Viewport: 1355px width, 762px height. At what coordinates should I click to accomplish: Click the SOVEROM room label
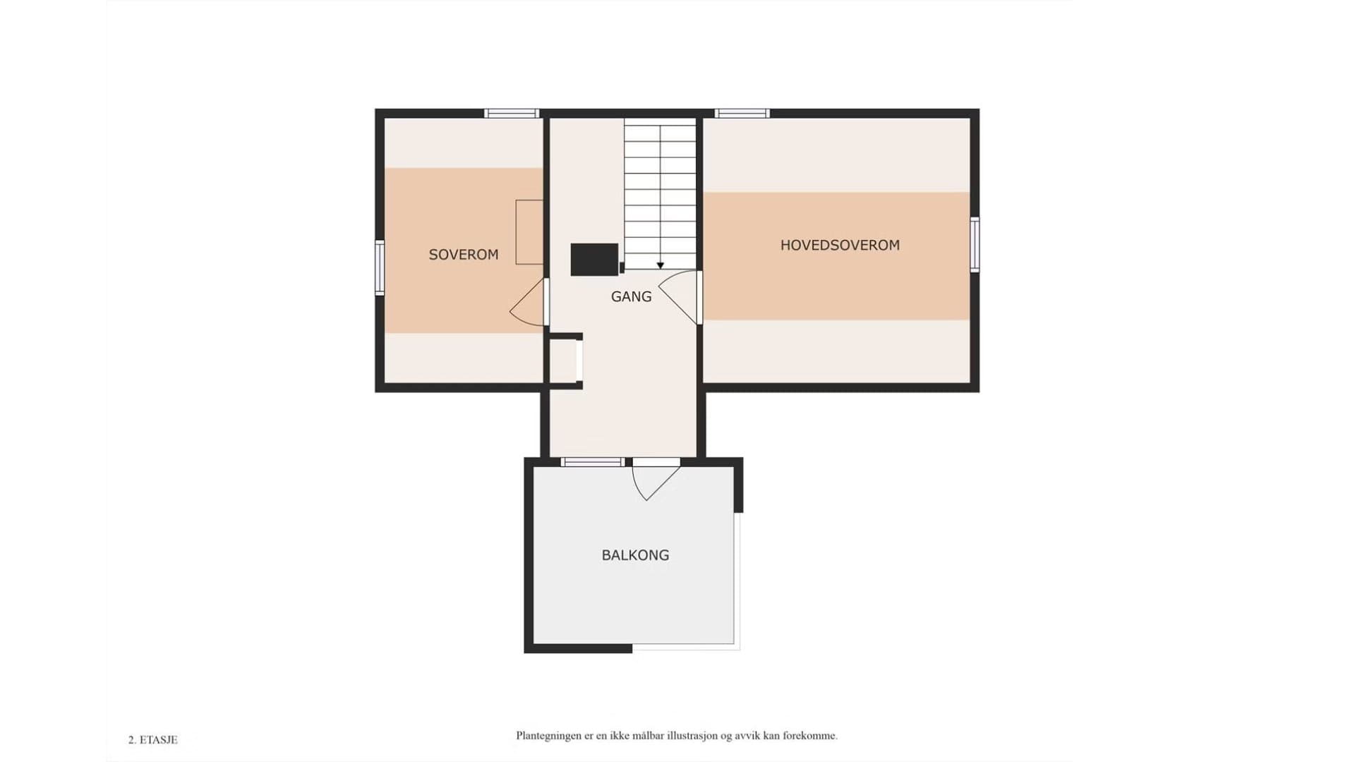[x=464, y=255]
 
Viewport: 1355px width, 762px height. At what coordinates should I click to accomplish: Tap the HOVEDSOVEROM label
[x=840, y=246]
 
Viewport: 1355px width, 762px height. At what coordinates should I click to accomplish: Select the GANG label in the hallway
[x=631, y=297]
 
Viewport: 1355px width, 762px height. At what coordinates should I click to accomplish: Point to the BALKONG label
[x=635, y=555]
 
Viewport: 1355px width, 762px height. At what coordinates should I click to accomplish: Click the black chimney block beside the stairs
[x=594, y=259]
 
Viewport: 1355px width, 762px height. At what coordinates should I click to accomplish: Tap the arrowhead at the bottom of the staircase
[x=661, y=265]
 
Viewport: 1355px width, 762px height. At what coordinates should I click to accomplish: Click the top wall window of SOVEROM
[x=512, y=113]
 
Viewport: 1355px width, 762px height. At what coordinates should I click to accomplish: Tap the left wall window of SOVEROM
[x=380, y=267]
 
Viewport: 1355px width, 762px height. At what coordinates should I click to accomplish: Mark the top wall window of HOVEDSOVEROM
[x=742, y=113]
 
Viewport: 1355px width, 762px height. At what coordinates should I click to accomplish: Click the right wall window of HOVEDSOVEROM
[x=975, y=245]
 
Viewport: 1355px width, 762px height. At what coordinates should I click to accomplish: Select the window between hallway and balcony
[x=593, y=462]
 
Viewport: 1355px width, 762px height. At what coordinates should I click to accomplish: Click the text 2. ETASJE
[x=153, y=740]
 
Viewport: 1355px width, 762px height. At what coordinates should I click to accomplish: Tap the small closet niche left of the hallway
[x=564, y=361]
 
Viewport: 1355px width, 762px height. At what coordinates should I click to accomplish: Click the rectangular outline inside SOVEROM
[x=529, y=232]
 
